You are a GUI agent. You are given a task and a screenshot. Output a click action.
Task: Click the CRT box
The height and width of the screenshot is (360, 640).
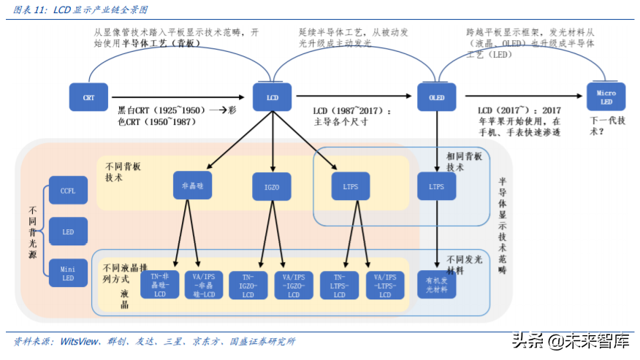pyautogui.click(x=88, y=97)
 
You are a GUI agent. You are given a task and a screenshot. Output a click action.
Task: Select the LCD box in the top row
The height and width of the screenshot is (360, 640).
pyautogui.click(x=272, y=97)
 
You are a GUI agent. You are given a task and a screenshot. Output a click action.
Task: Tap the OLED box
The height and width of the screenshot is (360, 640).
pyautogui.click(x=436, y=97)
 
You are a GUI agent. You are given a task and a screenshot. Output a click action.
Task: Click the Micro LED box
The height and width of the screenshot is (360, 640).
pyautogui.click(x=606, y=97)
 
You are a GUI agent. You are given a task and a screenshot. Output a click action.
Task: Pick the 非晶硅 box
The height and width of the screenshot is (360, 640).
pyautogui.click(x=192, y=185)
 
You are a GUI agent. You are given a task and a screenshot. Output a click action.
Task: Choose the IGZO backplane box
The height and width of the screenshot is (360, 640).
pyautogui.click(x=272, y=187)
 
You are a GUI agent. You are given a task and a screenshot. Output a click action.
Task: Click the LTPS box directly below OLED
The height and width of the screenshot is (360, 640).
pyautogui.click(x=436, y=186)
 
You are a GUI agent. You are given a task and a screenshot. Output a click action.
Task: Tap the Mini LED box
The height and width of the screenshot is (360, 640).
pyautogui.click(x=68, y=273)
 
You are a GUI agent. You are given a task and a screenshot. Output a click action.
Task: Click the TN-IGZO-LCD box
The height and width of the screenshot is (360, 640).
pyautogui.click(x=248, y=286)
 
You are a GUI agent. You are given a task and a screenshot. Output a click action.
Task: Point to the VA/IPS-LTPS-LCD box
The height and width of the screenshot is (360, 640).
pyautogui.click(x=385, y=286)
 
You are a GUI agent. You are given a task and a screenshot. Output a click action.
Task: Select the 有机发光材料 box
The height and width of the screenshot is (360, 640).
pyautogui.click(x=436, y=286)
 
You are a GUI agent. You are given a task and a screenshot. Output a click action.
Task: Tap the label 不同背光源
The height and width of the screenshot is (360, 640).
pyautogui.click(x=30, y=231)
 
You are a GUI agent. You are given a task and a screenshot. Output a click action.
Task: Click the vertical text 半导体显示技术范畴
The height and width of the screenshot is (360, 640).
pyautogui.click(x=503, y=226)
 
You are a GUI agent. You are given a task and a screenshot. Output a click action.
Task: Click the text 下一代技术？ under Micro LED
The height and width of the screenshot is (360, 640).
pyautogui.click(x=606, y=126)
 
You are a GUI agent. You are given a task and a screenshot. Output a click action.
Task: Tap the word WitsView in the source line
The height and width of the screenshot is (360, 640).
pyautogui.click(x=80, y=341)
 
